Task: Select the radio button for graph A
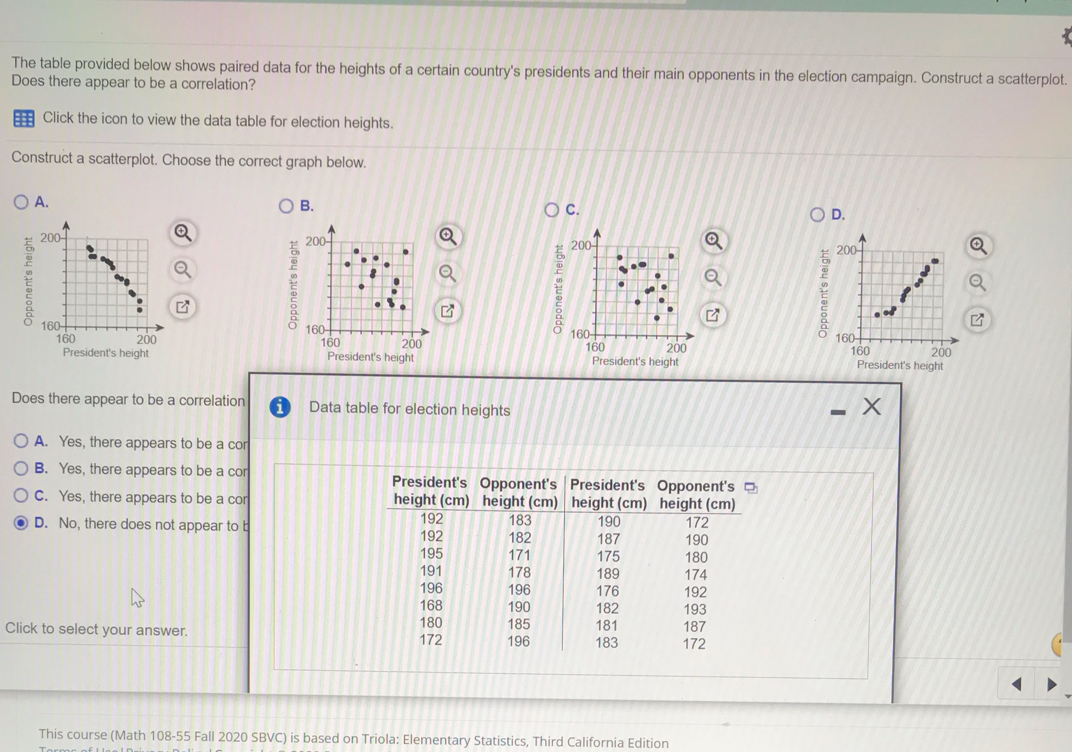[x=21, y=202]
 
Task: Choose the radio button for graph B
[x=286, y=206]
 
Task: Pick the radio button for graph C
[x=551, y=210]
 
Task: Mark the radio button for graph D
[x=817, y=215]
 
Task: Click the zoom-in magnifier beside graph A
[x=183, y=232]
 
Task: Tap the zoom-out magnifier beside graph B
[x=448, y=273]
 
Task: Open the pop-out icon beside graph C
[x=713, y=315]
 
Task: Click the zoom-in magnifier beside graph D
[x=978, y=245]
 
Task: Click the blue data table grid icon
[x=24, y=118]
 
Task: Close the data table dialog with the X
[x=871, y=407]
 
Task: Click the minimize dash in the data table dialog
[x=838, y=412]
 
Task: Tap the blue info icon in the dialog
[x=280, y=407]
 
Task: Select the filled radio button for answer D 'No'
[x=21, y=523]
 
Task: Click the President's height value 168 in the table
[x=431, y=606]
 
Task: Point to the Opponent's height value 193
[x=695, y=609]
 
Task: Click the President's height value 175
[x=608, y=556]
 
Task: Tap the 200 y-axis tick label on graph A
[x=51, y=238]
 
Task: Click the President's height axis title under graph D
[x=900, y=366]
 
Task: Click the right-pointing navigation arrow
[x=1052, y=685]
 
